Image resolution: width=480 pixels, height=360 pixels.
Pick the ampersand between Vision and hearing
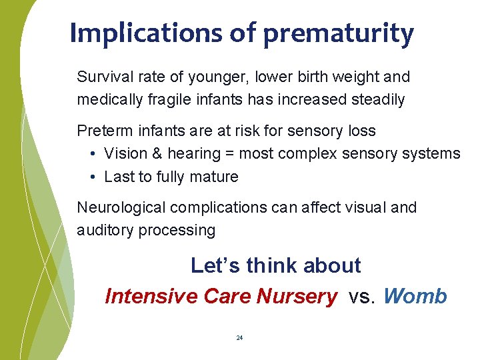(x=157, y=154)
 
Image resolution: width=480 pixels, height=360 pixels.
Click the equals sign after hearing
(x=229, y=154)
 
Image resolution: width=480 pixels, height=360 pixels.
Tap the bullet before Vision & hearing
(x=91, y=154)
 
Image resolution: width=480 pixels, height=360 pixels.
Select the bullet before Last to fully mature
(x=91, y=177)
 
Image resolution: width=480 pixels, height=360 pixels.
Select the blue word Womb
(x=415, y=296)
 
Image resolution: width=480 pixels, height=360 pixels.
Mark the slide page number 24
(x=239, y=338)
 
